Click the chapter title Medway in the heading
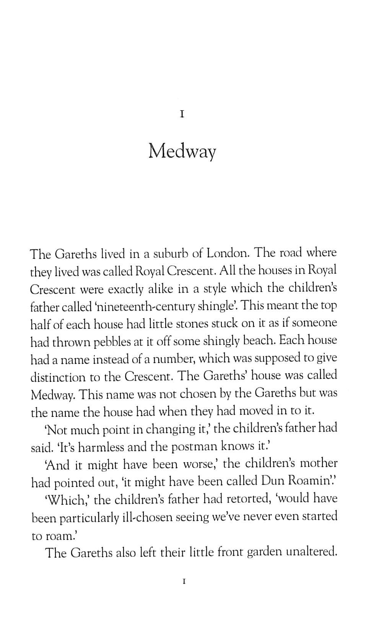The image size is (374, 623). (182, 151)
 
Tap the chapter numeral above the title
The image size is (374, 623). (182, 114)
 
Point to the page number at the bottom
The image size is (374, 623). (184, 582)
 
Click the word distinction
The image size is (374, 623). (58, 377)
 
